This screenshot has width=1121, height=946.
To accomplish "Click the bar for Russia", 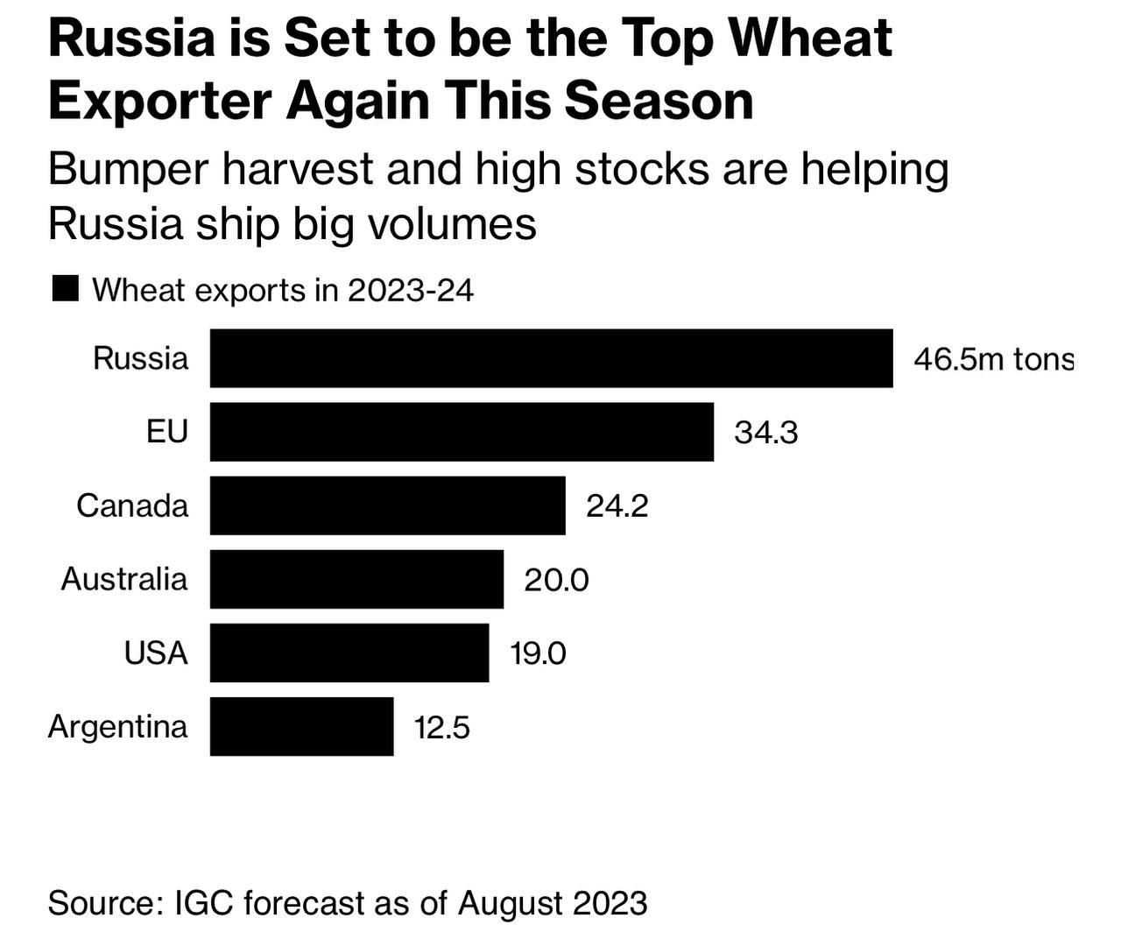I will coord(551,357).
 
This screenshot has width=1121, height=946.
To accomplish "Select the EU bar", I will coord(462,431).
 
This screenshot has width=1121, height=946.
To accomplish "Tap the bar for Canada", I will coord(387,505).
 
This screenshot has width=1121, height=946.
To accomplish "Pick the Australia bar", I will coord(356,578).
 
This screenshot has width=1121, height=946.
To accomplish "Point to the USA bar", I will coord(349,652).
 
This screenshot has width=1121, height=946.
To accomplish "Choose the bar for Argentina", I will coord(301,725).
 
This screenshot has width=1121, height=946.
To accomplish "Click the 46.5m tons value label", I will coord(992,359).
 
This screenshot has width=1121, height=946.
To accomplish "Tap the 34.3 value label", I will coord(765,433).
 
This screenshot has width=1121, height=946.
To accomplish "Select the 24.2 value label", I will coord(617,506).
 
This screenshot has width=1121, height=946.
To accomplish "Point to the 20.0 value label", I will coord(556,580).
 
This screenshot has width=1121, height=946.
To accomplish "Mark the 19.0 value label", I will coord(538,653).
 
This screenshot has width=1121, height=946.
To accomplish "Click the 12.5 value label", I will coord(441,727).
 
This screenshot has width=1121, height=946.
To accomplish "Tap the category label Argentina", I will coord(117,727).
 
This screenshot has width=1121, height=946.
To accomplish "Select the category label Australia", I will coord(123,579).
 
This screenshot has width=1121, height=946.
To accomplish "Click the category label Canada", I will coord(131,505).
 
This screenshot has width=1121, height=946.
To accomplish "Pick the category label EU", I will coord(166,432).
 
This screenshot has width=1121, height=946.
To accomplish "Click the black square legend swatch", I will coord(66,288).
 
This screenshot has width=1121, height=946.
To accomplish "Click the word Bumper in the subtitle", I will coord(128,169).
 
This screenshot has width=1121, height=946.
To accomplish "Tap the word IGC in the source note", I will coord(204,902).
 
